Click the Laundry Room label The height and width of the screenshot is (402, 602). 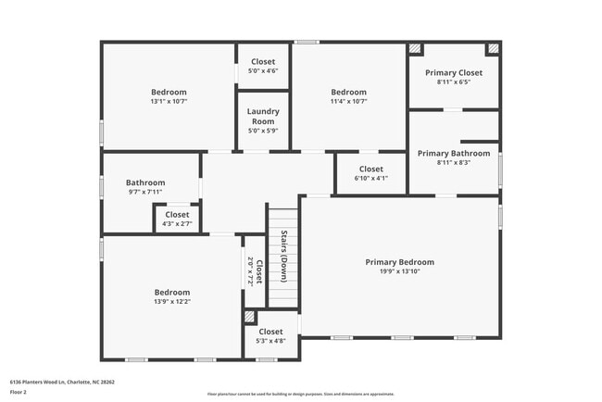click(x=262, y=117)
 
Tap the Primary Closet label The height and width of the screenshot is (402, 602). click(x=454, y=72)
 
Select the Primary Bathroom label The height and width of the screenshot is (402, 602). click(x=454, y=153)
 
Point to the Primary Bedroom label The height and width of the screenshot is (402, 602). click(x=399, y=262)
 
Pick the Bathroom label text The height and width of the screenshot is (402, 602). click(x=145, y=182)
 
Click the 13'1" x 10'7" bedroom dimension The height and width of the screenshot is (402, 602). click(x=169, y=102)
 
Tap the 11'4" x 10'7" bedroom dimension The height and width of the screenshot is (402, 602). click(x=349, y=102)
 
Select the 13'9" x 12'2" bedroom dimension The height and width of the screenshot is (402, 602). click(x=172, y=302)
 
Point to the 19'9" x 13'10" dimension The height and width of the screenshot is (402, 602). click(x=399, y=272)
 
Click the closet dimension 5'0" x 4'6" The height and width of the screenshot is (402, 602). click(x=263, y=71)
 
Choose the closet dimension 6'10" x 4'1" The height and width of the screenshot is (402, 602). click(x=370, y=179)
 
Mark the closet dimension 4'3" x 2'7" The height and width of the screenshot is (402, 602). click(x=177, y=224)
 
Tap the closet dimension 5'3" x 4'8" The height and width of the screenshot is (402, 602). click(x=270, y=341)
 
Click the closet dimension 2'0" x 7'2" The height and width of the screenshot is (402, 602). click(x=250, y=271)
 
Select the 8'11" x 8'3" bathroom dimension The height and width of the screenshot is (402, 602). click(x=454, y=163)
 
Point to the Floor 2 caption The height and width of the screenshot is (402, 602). click(x=19, y=392)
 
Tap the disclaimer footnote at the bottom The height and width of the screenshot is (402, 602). click(x=300, y=393)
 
